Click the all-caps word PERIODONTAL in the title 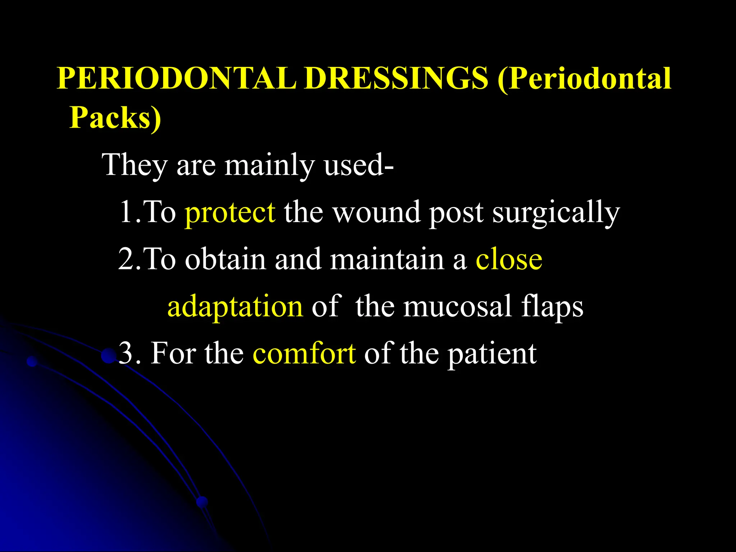pos(176,78)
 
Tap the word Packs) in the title pos(115,118)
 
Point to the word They pos(134,165)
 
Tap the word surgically pos(556,213)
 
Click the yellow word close pos(509,259)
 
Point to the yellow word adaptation pos(235,307)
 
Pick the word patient pos(492,354)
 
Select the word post pos(456,213)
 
